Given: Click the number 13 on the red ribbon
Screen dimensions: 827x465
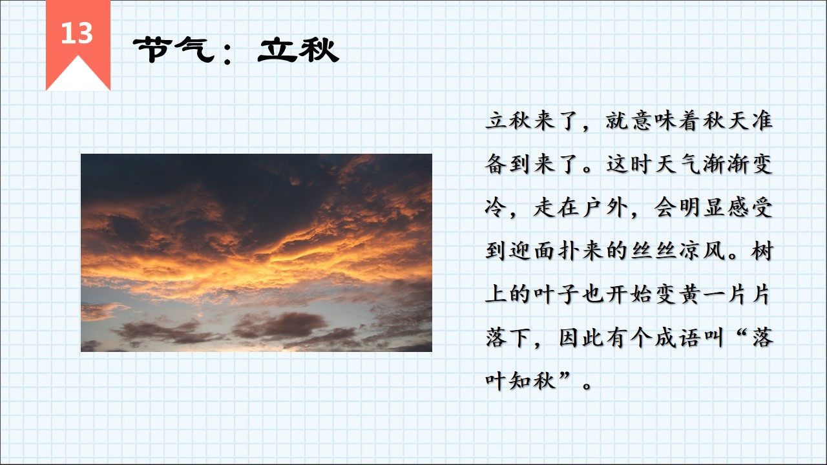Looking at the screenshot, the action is pos(77,33).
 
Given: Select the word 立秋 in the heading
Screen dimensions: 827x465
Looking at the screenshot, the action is pos(298,50).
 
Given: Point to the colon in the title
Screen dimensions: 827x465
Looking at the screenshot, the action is pos(227,52).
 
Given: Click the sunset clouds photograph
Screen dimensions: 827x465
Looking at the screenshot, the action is pos(256,253).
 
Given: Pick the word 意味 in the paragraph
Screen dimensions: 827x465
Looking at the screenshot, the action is pos(653,121).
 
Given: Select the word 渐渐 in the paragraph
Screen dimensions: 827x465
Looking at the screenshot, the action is pos(726,164).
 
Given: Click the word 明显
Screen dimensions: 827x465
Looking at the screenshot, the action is pos(702,208).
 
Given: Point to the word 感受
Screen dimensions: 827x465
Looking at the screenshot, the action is pos(750,208).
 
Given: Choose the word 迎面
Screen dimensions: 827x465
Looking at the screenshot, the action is pos(532,251).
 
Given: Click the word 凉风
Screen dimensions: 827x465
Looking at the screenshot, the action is pos(702,251).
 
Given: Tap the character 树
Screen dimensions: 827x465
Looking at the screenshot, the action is pos(762,251).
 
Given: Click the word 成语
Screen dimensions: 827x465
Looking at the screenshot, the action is pos(678,338).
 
